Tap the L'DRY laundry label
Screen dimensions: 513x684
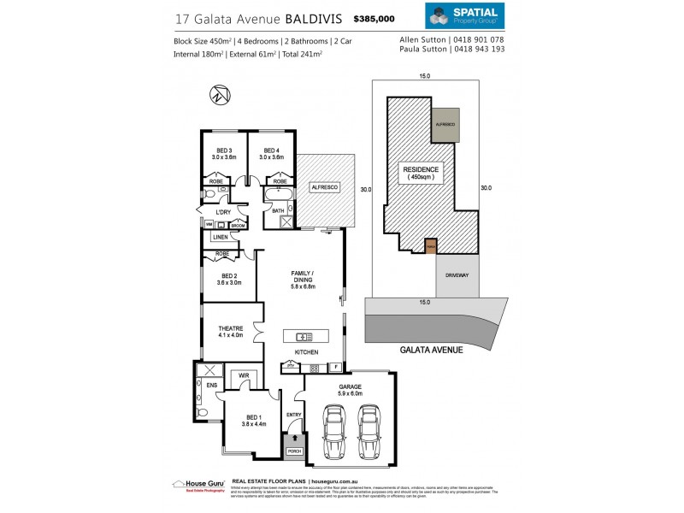(224, 211)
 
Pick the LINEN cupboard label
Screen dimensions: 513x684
(220, 237)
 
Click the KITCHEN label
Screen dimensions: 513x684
(306, 352)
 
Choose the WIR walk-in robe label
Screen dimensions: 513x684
(243, 374)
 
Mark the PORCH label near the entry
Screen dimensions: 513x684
(295, 451)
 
